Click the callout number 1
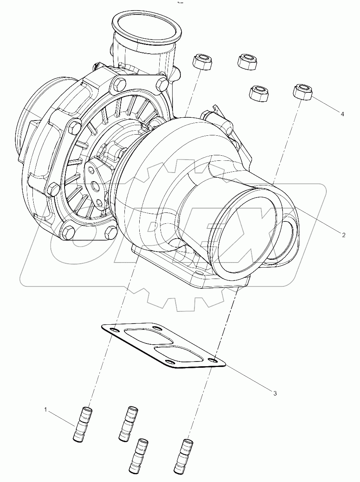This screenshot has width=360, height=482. point(45,410)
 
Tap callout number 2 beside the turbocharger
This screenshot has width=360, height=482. point(343,235)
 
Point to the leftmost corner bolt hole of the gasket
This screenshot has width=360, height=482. point(113,331)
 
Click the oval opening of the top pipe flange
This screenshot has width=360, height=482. point(146,27)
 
